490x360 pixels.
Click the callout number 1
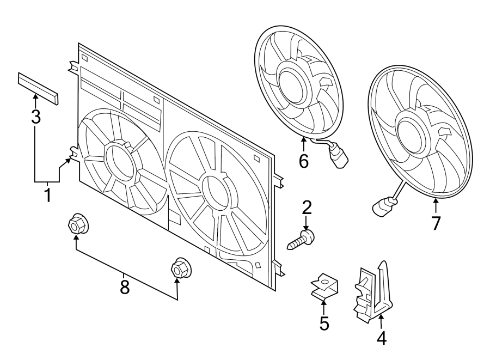click(47, 194)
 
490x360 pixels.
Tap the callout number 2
click(307, 207)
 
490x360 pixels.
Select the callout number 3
click(35, 116)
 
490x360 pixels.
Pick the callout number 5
click(324, 324)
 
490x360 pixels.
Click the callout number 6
click(303, 161)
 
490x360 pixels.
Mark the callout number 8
click(125, 286)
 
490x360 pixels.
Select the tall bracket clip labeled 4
click(375, 291)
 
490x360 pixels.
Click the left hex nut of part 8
click(76, 224)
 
